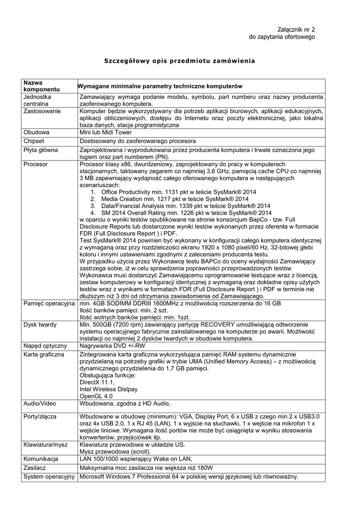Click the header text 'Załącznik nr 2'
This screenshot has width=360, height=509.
coord(296,30)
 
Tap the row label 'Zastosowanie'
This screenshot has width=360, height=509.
coord(42,111)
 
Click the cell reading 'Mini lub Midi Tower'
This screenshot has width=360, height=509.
coord(105,133)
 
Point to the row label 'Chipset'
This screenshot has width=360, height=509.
coord(35,141)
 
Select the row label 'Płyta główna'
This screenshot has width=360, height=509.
coord(41,150)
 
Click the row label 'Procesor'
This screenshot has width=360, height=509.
coord(36,164)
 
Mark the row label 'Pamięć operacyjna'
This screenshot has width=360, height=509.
coord(49,303)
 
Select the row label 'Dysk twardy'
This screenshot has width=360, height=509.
coord(40,324)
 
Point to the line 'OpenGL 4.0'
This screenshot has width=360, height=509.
coord(96,396)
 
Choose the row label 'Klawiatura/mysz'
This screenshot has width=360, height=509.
coord(46,445)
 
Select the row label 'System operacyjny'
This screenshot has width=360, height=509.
coord(49,477)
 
